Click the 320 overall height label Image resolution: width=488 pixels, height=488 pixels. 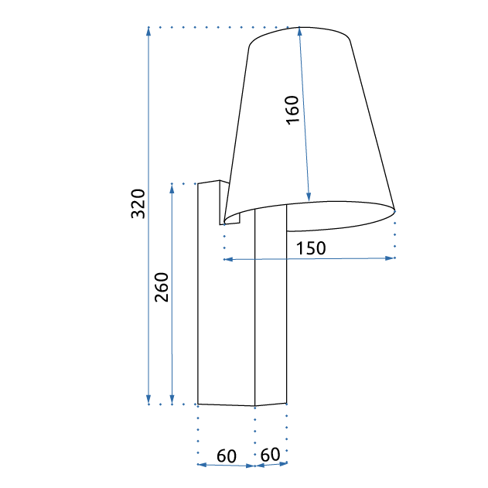pyautogui.click(x=138, y=203)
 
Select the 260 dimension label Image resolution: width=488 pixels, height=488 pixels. pyautogui.click(x=162, y=288)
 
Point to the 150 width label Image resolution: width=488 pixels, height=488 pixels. pyautogui.click(x=311, y=247)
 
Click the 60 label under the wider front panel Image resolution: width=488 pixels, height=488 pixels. pyautogui.click(x=226, y=456)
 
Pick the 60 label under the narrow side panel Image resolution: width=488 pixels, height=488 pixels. pyautogui.click(x=270, y=455)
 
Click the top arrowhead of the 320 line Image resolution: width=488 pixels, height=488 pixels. pyautogui.click(x=148, y=30)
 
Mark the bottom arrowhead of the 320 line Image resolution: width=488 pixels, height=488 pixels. pyautogui.click(x=148, y=401)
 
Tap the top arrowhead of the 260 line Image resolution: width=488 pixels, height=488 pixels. pyautogui.click(x=172, y=186)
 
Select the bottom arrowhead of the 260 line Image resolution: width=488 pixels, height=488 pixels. pyautogui.click(x=172, y=401)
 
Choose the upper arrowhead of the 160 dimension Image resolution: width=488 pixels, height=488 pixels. pyautogui.click(x=299, y=31)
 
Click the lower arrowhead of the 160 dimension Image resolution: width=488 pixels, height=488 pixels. pyautogui.click(x=309, y=198)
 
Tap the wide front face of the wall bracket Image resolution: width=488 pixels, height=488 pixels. pyautogui.click(x=226, y=309)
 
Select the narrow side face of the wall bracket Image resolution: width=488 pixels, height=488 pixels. pyautogui.click(x=271, y=309)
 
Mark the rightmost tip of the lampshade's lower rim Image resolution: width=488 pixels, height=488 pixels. pyautogui.click(x=395, y=210)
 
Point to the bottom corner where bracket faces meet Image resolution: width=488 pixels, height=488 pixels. pyautogui.click(x=255, y=405)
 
